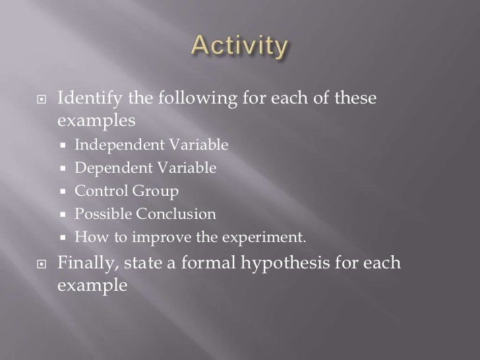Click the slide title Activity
(239, 47)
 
